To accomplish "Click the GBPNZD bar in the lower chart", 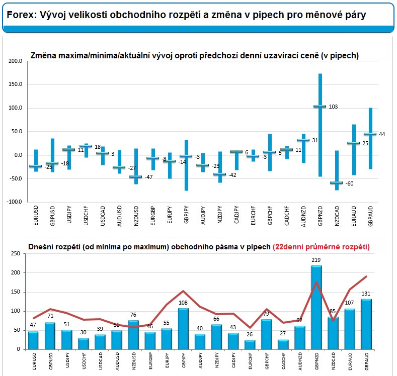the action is (x=316, y=308).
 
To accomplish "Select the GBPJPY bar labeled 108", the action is (x=183, y=329).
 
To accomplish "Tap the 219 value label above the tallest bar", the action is (x=316, y=260).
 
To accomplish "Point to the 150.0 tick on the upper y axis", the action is (x=15, y=84).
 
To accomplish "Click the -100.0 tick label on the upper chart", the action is (x=14, y=202).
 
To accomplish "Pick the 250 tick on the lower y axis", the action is (x=16, y=254).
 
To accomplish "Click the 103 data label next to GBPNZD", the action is (x=333, y=107).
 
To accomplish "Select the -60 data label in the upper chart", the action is (x=349, y=183).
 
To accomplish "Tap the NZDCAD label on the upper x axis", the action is (x=337, y=216).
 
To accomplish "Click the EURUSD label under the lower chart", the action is (x=34, y=361).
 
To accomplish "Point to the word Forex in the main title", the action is (x=20, y=15).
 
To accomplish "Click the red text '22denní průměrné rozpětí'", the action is (x=321, y=247).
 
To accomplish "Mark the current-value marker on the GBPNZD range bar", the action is (x=320, y=107).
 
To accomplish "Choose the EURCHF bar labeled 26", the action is (x=250, y=345).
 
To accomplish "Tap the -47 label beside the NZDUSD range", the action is (x=148, y=177).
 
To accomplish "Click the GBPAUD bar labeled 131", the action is (x=366, y=324).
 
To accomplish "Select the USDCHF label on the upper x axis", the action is (x=86, y=216).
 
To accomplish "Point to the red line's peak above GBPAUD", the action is (x=366, y=276).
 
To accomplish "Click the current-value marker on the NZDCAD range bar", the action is (x=337, y=182).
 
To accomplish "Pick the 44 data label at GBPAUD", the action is (x=382, y=135).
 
